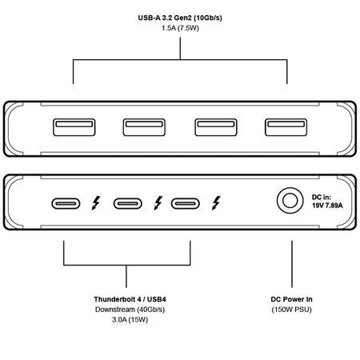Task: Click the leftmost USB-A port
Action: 74,127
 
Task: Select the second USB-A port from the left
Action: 144,127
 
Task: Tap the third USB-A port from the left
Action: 216,127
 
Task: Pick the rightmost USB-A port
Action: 286,127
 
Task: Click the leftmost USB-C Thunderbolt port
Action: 66,204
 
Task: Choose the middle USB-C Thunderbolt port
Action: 128,204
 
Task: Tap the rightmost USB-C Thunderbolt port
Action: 186,204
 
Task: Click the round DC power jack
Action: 290,201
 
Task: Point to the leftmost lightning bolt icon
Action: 96,203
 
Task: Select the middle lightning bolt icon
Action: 158,203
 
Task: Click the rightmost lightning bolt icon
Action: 216,203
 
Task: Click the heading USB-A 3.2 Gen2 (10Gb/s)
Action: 180,18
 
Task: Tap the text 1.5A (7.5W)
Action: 180,28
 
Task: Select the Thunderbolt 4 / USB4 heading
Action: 130,299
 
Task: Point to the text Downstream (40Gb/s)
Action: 130,310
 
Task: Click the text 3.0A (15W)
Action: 130,319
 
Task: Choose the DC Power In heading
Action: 291,299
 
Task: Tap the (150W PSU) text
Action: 291,310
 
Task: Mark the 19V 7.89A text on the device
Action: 327,206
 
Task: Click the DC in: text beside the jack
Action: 322,198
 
